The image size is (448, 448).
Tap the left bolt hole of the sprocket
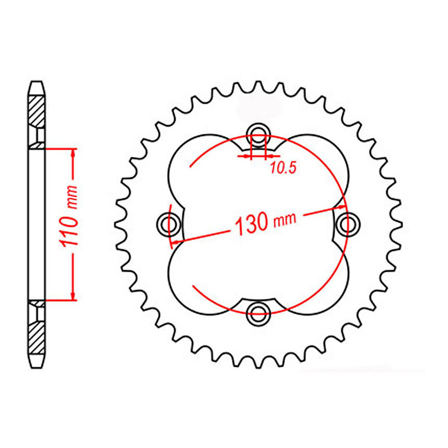(x=169, y=223)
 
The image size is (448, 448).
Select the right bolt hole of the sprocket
(x=348, y=223)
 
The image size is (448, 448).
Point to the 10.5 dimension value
(x=283, y=168)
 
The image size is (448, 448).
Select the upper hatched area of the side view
(x=37, y=111)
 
